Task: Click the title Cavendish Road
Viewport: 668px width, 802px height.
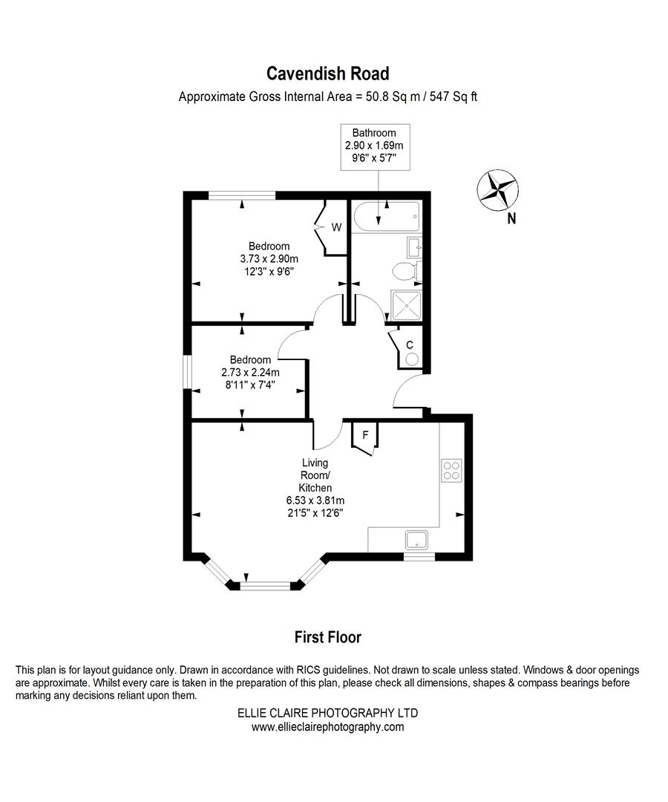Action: click(327, 74)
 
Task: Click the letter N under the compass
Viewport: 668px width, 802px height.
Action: click(511, 219)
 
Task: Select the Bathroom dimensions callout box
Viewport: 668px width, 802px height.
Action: click(374, 146)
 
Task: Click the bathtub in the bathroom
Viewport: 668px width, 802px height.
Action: click(386, 217)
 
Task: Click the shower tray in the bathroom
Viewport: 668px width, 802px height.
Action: click(407, 304)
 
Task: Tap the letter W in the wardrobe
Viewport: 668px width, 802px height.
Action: click(336, 227)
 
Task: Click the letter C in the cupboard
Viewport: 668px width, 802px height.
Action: click(409, 345)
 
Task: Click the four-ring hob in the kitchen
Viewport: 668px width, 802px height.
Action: click(452, 470)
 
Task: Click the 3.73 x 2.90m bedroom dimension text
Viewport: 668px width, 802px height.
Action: click(269, 259)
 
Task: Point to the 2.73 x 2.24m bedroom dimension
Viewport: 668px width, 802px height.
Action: click(250, 373)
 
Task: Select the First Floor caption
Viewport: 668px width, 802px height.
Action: click(327, 637)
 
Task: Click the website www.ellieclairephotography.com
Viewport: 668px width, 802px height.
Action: click(327, 727)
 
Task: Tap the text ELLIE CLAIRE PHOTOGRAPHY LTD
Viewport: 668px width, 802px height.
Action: click(327, 713)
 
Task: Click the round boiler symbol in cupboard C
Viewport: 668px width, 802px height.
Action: click(412, 359)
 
